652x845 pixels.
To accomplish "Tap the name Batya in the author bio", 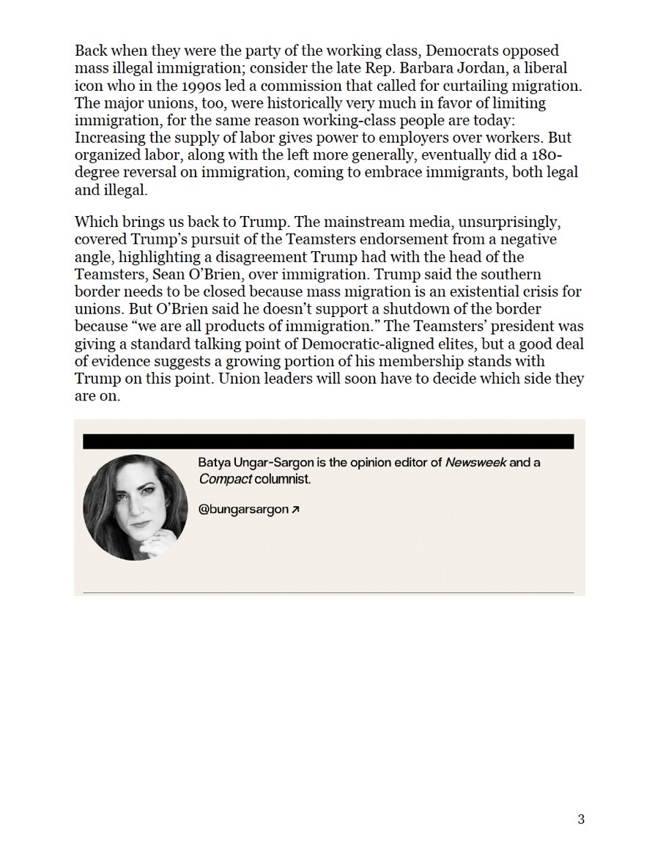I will (x=214, y=463).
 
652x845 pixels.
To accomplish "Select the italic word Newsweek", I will (x=475, y=463).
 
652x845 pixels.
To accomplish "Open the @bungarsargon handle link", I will (x=243, y=510).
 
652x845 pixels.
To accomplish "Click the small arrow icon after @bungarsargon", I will (x=295, y=510).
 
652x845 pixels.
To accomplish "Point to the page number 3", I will (x=581, y=819).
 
